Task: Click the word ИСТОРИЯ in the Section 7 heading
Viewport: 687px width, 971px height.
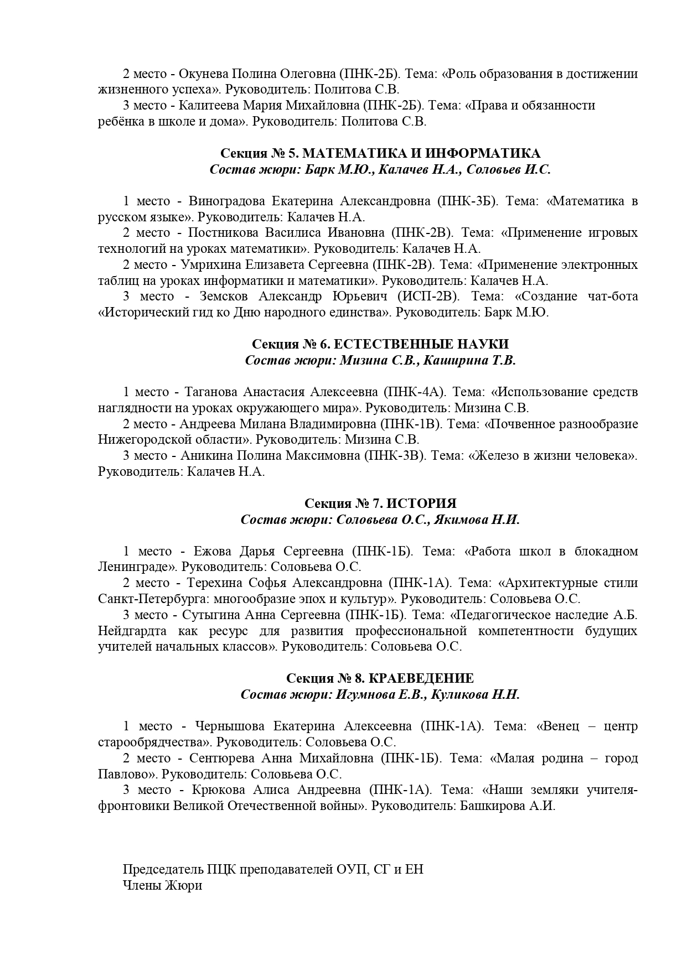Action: tap(421, 503)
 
